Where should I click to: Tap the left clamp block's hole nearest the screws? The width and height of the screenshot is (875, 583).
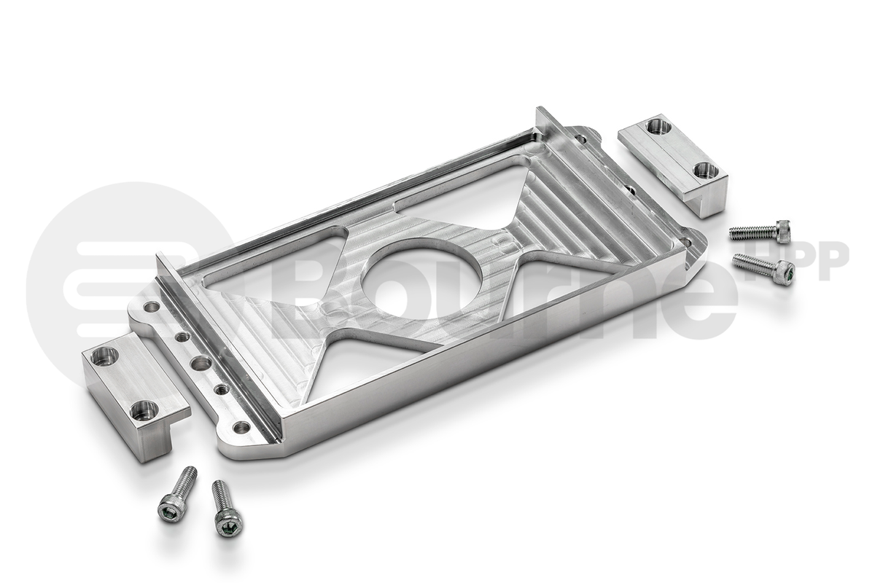144,410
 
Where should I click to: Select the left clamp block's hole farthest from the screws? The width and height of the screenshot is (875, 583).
104,356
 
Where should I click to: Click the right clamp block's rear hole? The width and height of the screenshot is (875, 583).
658,126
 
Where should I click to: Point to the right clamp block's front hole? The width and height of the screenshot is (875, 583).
705,171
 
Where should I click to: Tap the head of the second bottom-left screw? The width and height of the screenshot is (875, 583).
228,523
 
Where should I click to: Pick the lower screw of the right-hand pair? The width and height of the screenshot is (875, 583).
766,267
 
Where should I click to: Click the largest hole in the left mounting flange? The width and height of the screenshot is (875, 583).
201,363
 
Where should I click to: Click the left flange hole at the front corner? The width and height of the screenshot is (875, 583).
241,427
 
